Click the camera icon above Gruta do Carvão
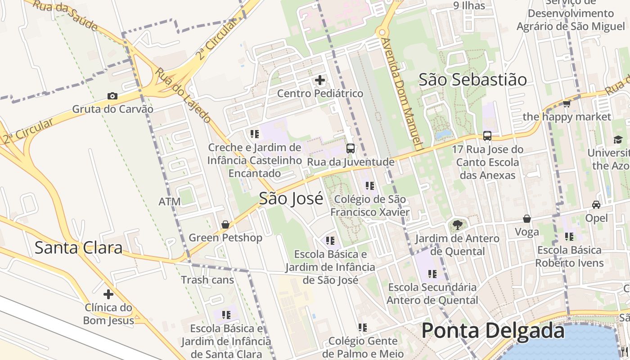click(x=112, y=96)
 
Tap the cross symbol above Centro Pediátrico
click(x=320, y=81)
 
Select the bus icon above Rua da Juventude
click(x=350, y=148)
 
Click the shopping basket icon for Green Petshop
click(x=225, y=224)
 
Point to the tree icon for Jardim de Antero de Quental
click(x=457, y=225)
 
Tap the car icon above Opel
click(x=596, y=205)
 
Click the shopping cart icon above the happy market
click(x=567, y=104)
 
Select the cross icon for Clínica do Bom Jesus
click(x=108, y=294)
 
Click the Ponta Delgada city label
click(x=493, y=331)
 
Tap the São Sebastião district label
click(x=472, y=80)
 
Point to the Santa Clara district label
click(x=78, y=248)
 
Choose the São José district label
click(x=291, y=198)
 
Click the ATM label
click(x=170, y=201)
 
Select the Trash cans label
click(x=207, y=280)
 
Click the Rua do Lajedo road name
click(x=183, y=95)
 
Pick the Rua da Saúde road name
click(x=66, y=14)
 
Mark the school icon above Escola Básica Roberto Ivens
click(x=569, y=236)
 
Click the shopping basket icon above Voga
click(x=526, y=219)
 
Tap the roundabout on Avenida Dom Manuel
click(x=382, y=32)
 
